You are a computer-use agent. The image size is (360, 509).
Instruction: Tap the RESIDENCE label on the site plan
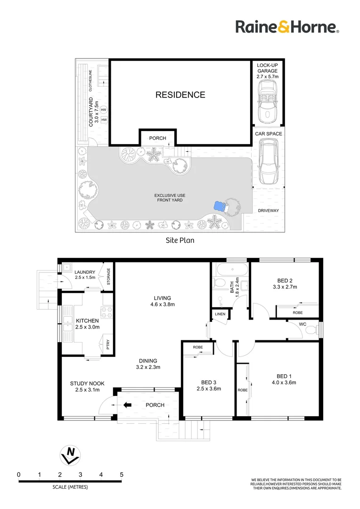(180, 95)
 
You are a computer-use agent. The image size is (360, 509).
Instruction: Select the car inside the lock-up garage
(268, 100)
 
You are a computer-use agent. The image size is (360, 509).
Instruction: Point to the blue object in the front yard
(218, 206)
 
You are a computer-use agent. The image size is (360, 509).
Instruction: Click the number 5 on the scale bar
(122, 475)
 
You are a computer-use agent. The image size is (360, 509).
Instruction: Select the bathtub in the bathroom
(230, 270)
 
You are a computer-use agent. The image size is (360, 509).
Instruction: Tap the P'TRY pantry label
(108, 343)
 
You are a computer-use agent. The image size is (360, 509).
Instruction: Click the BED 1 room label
(283, 376)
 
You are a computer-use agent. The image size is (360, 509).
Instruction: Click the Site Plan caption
(180, 240)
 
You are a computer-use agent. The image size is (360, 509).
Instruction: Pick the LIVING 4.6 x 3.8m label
(162, 301)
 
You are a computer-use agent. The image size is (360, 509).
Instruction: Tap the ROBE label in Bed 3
(198, 347)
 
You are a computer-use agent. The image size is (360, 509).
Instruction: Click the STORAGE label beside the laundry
(108, 277)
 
